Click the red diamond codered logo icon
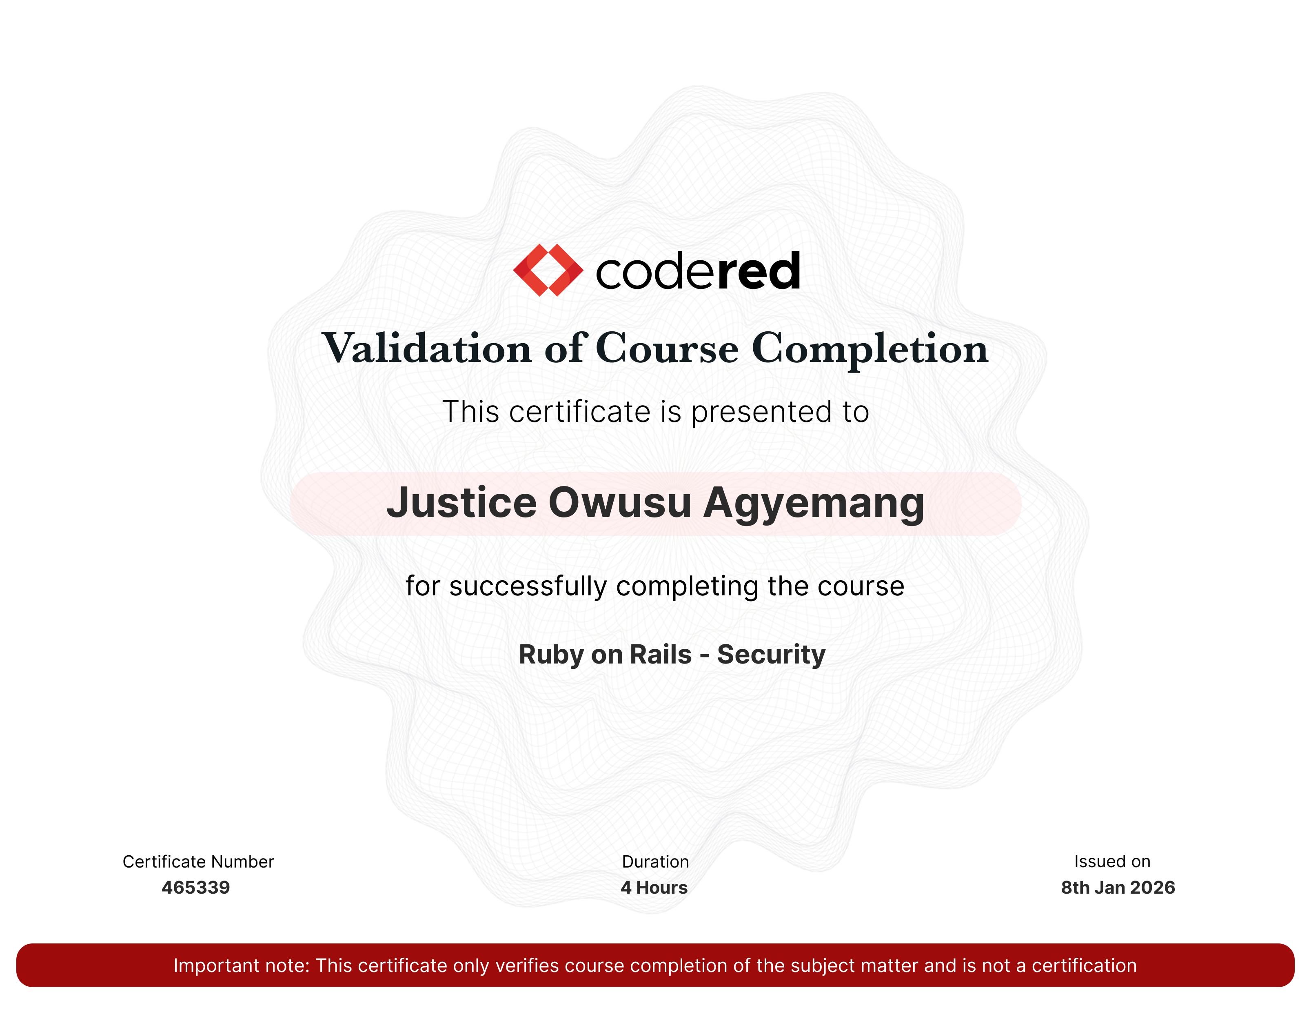point(548,270)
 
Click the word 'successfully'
point(528,586)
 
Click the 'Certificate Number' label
point(198,862)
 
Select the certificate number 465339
point(196,888)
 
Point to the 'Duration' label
point(655,862)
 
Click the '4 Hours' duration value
point(654,888)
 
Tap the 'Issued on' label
point(1112,862)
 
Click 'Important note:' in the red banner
point(241,966)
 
